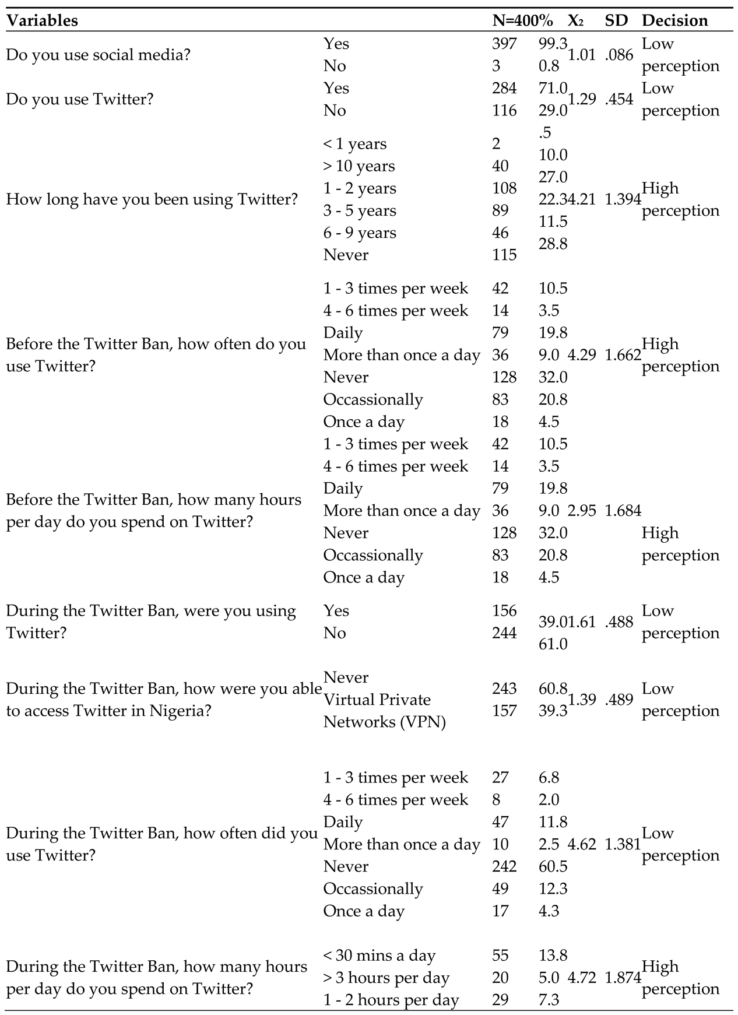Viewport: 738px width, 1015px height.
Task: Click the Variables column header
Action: coord(42,20)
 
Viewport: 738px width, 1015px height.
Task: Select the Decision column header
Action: coord(674,20)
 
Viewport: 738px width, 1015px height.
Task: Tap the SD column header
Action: coord(616,20)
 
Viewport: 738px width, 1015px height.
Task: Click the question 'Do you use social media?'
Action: coord(98,55)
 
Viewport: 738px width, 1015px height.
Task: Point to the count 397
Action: coord(504,44)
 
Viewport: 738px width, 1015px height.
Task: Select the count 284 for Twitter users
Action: coord(504,88)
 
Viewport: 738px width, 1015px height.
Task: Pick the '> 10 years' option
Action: coord(359,166)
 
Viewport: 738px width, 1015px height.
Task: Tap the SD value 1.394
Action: coord(623,199)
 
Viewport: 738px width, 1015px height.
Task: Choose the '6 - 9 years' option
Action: coord(360,233)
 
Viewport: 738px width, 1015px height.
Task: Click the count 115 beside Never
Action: coord(504,255)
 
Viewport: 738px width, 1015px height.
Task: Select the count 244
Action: coord(504,633)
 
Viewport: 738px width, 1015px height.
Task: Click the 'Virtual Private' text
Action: coord(377,700)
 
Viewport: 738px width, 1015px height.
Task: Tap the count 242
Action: coord(504,866)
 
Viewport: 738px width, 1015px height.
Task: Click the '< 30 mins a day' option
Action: coord(379,956)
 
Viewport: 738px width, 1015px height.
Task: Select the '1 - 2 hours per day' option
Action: coord(391,1000)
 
